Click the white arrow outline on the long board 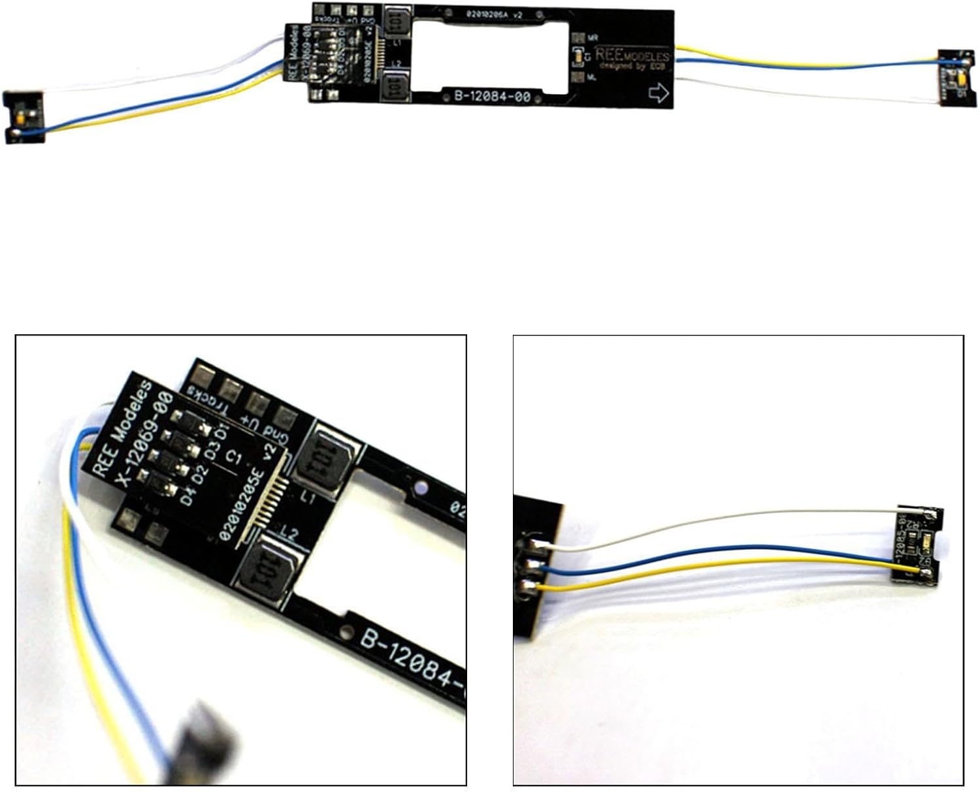[x=659, y=94]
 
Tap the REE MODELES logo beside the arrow [x=632, y=58]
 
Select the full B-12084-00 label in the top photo [x=492, y=97]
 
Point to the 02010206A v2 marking [x=494, y=14]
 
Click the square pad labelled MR [x=577, y=39]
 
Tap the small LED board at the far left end [x=24, y=118]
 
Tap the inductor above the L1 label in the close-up [x=328, y=455]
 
